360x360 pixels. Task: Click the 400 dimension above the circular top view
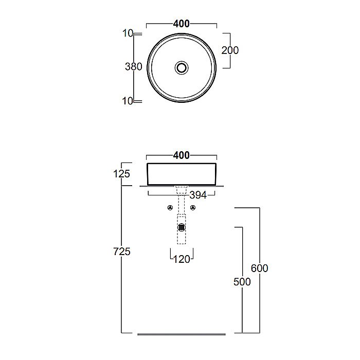coord(182,24)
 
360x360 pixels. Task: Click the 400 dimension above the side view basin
coord(182,155)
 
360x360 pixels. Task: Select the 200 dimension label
coord(230,50)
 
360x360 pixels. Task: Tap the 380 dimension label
coord(134,67)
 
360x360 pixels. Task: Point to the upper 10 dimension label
coord(128,33)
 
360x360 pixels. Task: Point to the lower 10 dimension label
coord(128,101)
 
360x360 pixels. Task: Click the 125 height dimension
coord(121,174)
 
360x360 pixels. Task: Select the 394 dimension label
coord(198,195)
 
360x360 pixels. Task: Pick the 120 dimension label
coord(182,259)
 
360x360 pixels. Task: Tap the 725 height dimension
coord(122,251)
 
